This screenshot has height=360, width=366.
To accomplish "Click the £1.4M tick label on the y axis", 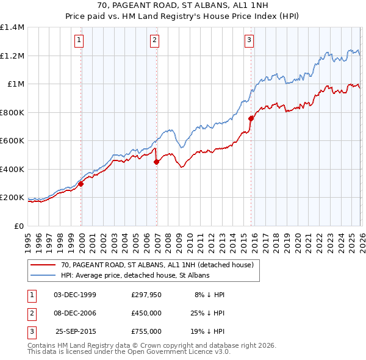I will click(12, 27).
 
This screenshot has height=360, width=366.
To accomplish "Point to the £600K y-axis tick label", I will click(12, 141).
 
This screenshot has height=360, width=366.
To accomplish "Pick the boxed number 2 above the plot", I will click(155, 40).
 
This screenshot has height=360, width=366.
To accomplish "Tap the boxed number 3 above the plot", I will click(249, 40).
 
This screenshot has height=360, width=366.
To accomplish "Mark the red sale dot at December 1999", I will click(81, 184).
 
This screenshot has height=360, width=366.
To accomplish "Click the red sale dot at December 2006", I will click(156, 162).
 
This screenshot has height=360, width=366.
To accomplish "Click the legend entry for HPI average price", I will click(135, 275).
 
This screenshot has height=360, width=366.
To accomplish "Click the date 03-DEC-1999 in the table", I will click(75, 294).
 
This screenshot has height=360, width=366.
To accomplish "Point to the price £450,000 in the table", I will click(146, 312).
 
